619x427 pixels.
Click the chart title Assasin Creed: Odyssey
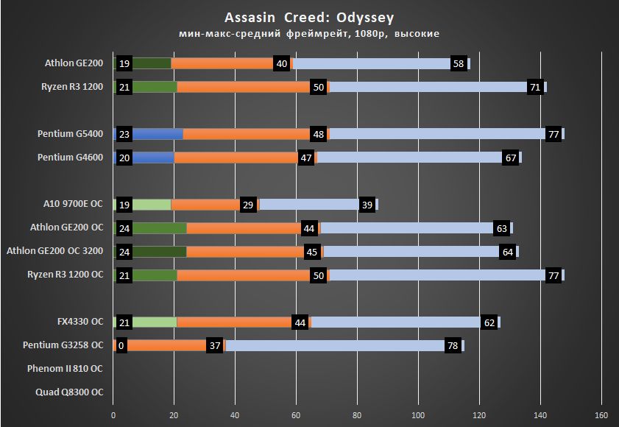(x=308, y=17)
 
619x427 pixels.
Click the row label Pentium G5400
(x=70, y=134)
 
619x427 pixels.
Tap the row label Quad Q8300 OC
(x=69, y=392)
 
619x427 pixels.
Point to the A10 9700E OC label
(x=74, y=205)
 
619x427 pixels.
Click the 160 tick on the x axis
(x=601, y=414)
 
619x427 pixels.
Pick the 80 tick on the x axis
(x=358, y=414)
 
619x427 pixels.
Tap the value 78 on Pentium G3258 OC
(x=452, y=345)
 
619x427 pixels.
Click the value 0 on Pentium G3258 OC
(x=121, y=345)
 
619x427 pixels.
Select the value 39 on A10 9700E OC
(x=366, y=205)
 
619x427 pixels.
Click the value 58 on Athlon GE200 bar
(x=458, y=64)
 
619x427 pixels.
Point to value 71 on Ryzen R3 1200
(x=534, y=88)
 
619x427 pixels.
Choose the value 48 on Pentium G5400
(x=319, y=134)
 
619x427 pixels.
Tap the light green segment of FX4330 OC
(x=155, y=322)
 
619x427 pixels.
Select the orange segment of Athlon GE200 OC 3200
(x=243, y=252)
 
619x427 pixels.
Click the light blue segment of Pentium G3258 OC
(x=331, y=345)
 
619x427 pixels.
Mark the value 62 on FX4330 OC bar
(x=489, y=322)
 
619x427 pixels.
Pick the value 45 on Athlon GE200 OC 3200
(x=312, y=252)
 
